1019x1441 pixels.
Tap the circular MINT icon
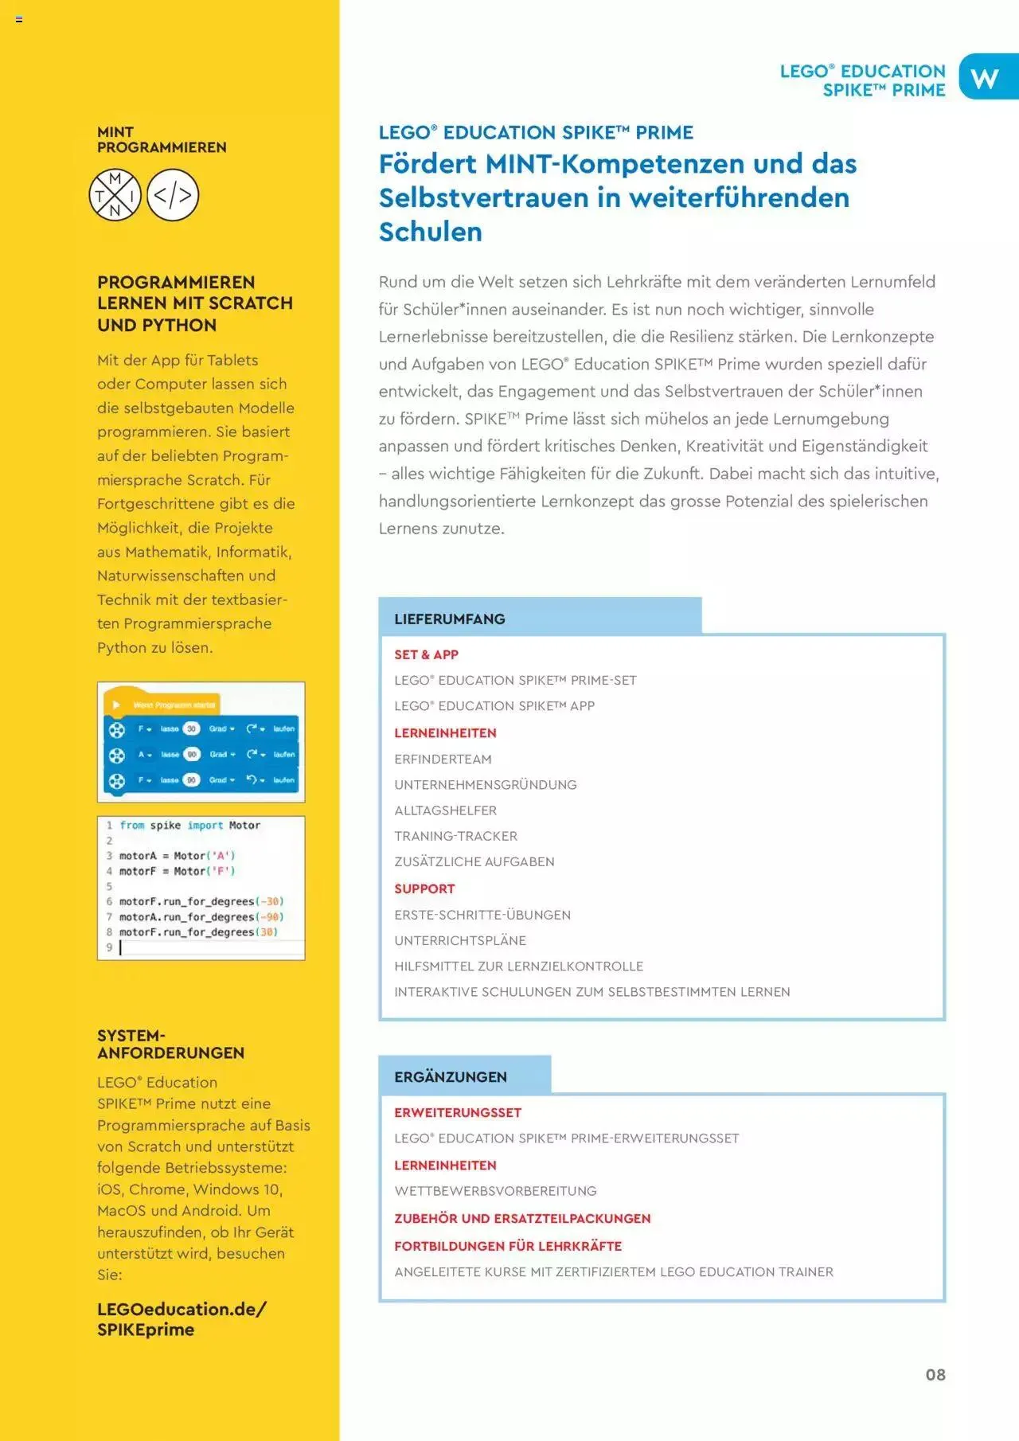pyautogui.click(x=115, y=195)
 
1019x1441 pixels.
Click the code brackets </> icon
pyautogui.click(x=173, y=195)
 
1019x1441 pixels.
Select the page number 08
pyautogui.click(x=935, y=1375)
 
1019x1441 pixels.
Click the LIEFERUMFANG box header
pyautogui.click(x=450, y=619)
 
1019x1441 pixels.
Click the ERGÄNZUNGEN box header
pyautogui.click(x=451, y=1076)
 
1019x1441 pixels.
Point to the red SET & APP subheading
pyautogui.click(x=426, y=654)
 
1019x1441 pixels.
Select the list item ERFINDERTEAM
pyautogui.click(x=443, y=759)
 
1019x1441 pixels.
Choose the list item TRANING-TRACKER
pyautogui.click(x=455, y=836)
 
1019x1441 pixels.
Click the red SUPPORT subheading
pyautogui.click(x=424, y=888)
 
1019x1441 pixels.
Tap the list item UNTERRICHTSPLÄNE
pyautogui.click(x=460, y=940)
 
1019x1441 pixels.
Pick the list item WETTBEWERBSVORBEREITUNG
pyautogui.click(x=495, y=1191)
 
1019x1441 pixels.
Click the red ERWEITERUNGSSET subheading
pyautogui.click(x=458, y=1112)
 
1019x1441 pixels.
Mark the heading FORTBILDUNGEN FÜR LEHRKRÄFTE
pyautogui.click(x=508, y=1246)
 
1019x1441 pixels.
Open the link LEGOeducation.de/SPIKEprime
pyautogui.click(x=182, y=1319)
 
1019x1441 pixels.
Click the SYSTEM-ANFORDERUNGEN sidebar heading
pyautogui.click(x=170, y=1044)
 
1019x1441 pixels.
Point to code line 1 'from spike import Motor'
pyautogui.click(x=189, y=826)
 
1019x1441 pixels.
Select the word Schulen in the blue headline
pyautogui.click(x=431, y=232)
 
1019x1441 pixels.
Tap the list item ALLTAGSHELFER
pyautogui.click(x=445, y=810)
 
